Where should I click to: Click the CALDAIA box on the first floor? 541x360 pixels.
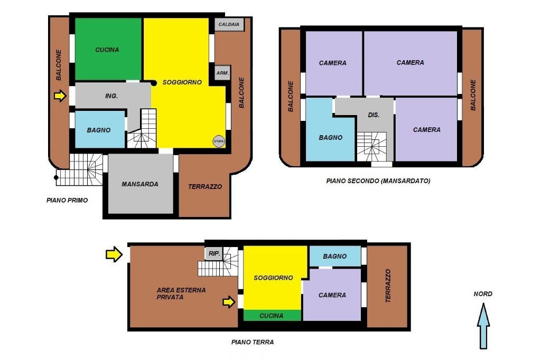pos(229,24)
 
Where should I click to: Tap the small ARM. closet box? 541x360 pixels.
pos(222,73)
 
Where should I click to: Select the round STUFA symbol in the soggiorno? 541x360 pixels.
pos(218,141)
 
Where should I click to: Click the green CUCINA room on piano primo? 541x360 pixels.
pos(108,49)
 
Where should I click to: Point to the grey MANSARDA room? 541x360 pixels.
pos(141,184)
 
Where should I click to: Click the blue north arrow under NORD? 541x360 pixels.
pos(483,326)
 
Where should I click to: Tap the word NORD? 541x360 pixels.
pos(483,294)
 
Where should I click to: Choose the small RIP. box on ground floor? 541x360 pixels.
pos(214,253)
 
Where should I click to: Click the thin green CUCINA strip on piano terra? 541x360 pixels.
pos(272,315)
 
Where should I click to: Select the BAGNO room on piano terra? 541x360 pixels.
pos(334,256)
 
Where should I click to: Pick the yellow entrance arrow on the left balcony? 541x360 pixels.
pos(60,96)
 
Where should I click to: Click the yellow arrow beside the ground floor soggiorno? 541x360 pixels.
pos(229,302)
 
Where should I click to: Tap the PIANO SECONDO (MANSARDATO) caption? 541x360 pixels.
pos(378,181)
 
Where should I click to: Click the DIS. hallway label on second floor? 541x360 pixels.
pos(374,115)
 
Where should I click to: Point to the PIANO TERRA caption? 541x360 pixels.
pos(252,342)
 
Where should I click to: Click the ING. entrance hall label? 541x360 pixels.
pos(111,96)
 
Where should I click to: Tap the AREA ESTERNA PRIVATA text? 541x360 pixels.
pos(181,293)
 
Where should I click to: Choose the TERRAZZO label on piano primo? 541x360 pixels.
pos(205,186)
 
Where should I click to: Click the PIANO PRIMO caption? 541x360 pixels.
pos(67,200)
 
